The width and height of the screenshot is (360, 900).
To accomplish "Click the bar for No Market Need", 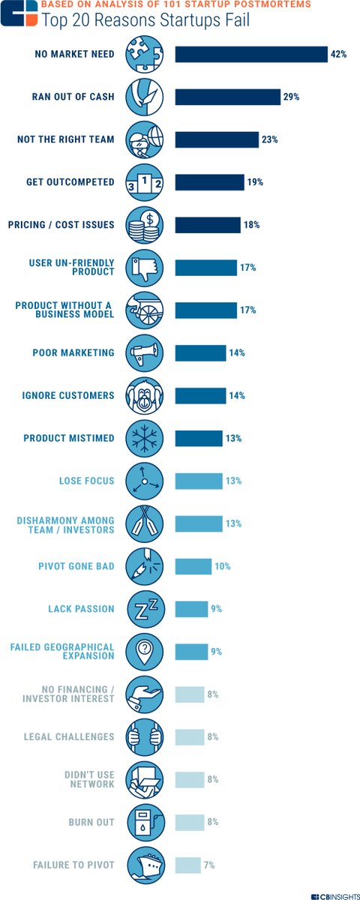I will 251,55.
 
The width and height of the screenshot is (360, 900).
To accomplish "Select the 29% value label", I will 292,97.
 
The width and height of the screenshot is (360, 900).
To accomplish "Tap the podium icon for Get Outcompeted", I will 144,182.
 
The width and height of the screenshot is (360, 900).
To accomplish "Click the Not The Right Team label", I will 66,139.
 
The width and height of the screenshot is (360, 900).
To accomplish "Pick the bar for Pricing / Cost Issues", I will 208,225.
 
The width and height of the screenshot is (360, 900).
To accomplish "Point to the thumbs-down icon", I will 144,268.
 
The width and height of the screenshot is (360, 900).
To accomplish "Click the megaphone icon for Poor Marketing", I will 144,353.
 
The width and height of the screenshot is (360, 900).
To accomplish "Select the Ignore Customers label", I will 69,395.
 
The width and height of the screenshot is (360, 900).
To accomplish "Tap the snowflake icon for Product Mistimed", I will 144,438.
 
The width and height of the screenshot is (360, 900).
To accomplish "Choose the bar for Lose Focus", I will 199,481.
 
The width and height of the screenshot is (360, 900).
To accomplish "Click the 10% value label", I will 222,566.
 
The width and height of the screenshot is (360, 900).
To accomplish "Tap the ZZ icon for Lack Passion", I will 144,609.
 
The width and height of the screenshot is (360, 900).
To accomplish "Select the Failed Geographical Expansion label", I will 62,651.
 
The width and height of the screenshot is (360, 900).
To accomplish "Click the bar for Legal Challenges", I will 190,736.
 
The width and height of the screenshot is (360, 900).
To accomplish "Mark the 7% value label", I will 209,865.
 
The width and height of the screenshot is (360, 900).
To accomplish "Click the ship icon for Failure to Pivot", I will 144,865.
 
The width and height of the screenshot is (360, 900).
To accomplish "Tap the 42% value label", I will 338,55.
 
